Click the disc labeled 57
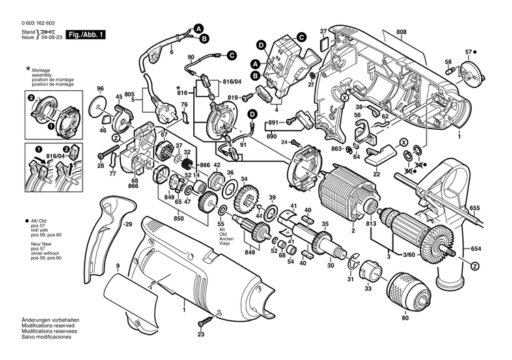(x=469, y=72)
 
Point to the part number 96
(x=100, y=89)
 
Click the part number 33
(x=368, y=290)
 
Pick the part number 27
(x=324, y=31)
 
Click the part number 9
(x=118, y=266)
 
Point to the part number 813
(x=370, y=224)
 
